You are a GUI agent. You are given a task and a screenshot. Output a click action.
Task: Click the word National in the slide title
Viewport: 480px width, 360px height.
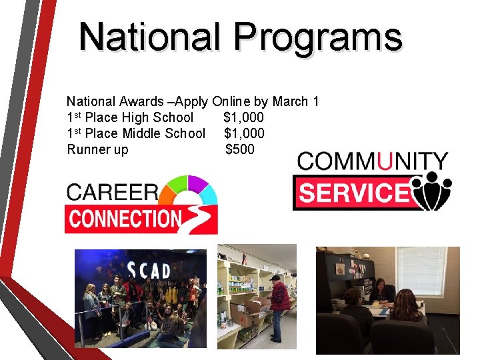[149, 37]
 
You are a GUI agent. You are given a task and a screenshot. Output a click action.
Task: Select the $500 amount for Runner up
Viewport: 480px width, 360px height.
[240, 149]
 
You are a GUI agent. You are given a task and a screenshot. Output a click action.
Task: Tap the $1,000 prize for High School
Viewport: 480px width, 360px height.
[243, 117]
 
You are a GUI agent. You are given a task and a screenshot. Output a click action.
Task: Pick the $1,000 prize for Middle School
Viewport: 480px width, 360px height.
[244, 133]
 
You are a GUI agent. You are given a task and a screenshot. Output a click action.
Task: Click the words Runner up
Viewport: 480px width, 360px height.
[98, 149]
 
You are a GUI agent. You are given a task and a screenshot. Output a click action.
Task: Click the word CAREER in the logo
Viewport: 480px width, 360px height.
[111, 192]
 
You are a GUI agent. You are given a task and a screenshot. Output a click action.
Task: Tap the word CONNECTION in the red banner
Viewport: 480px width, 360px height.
[125, 219]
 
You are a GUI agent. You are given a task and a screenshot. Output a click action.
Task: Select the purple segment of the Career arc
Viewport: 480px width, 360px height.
[197, 183]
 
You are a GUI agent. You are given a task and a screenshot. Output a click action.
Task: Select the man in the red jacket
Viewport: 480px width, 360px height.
[279, 297]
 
